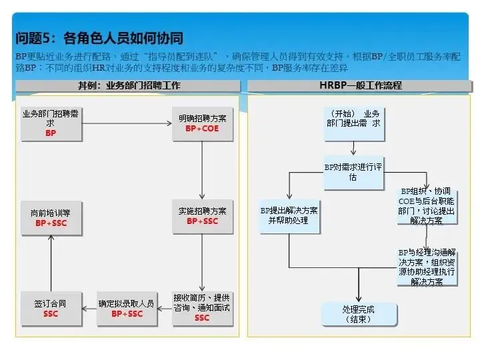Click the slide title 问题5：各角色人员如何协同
tap(99, 38)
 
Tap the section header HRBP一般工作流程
tap(360, 85)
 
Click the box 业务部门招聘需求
tap(51, 123)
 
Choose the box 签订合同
tap(51, 309)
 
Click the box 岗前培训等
tap(51, 217)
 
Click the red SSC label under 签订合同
tap(51, 314)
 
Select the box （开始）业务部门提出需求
tap(354, 119)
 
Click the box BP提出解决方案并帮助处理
tap(289, 215)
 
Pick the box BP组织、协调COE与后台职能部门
tap(427, 205)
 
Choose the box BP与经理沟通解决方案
tap(427, 267)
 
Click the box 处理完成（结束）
tap(358, 314)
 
